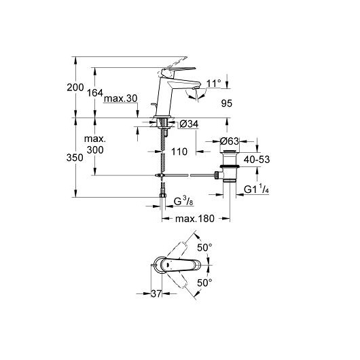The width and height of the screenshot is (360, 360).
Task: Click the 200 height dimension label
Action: click(75, 88)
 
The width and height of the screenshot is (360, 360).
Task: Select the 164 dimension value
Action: click(95, 93)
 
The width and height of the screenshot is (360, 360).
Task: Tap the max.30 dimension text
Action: click(120, 98)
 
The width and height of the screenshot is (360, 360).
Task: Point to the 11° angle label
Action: click(213, 84)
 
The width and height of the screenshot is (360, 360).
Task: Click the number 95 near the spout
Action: click(227, 103)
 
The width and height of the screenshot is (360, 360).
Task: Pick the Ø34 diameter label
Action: click(189, 124)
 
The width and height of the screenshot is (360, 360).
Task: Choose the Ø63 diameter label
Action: click(230, 141)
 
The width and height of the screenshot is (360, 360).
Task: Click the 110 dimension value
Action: click(179, 151)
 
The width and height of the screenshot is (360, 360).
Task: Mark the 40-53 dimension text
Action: click(257, 160)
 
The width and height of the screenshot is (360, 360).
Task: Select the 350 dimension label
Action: click(75, 158)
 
